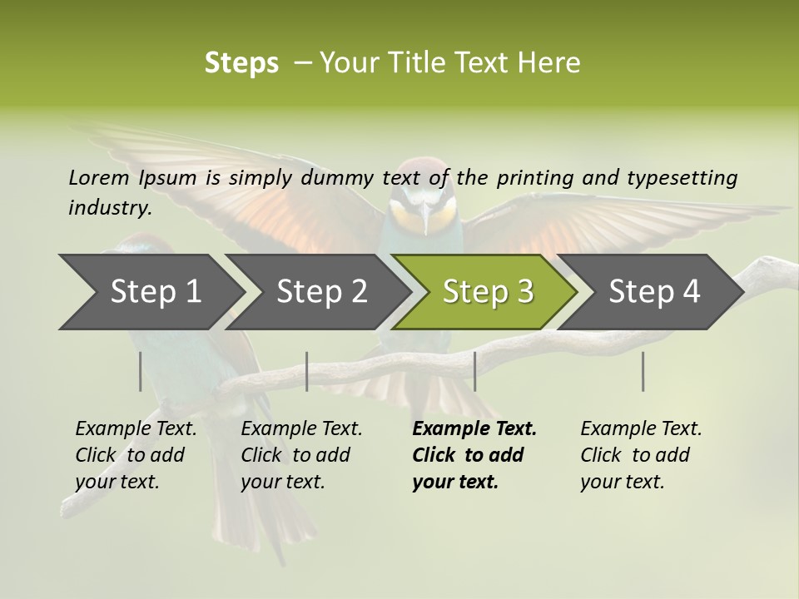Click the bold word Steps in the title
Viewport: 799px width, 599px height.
(x=241, y=63)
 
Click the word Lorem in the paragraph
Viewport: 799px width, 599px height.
(x=98, y=177)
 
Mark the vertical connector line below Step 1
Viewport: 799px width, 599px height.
(x=140, y=371)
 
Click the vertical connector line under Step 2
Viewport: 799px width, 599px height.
(x=307, y=371)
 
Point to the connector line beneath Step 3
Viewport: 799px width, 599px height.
(x=474, y=371)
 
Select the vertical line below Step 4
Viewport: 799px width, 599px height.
(x=643, y=371)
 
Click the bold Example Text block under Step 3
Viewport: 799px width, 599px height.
(x=474, y=455)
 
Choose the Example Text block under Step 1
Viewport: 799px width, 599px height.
(x=136, y=455)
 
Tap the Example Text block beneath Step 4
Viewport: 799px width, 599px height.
(x=641, y=455)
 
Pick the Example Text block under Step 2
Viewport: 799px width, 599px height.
(x=301, y=455)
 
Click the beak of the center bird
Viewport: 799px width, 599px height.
(x=426, y=220)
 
